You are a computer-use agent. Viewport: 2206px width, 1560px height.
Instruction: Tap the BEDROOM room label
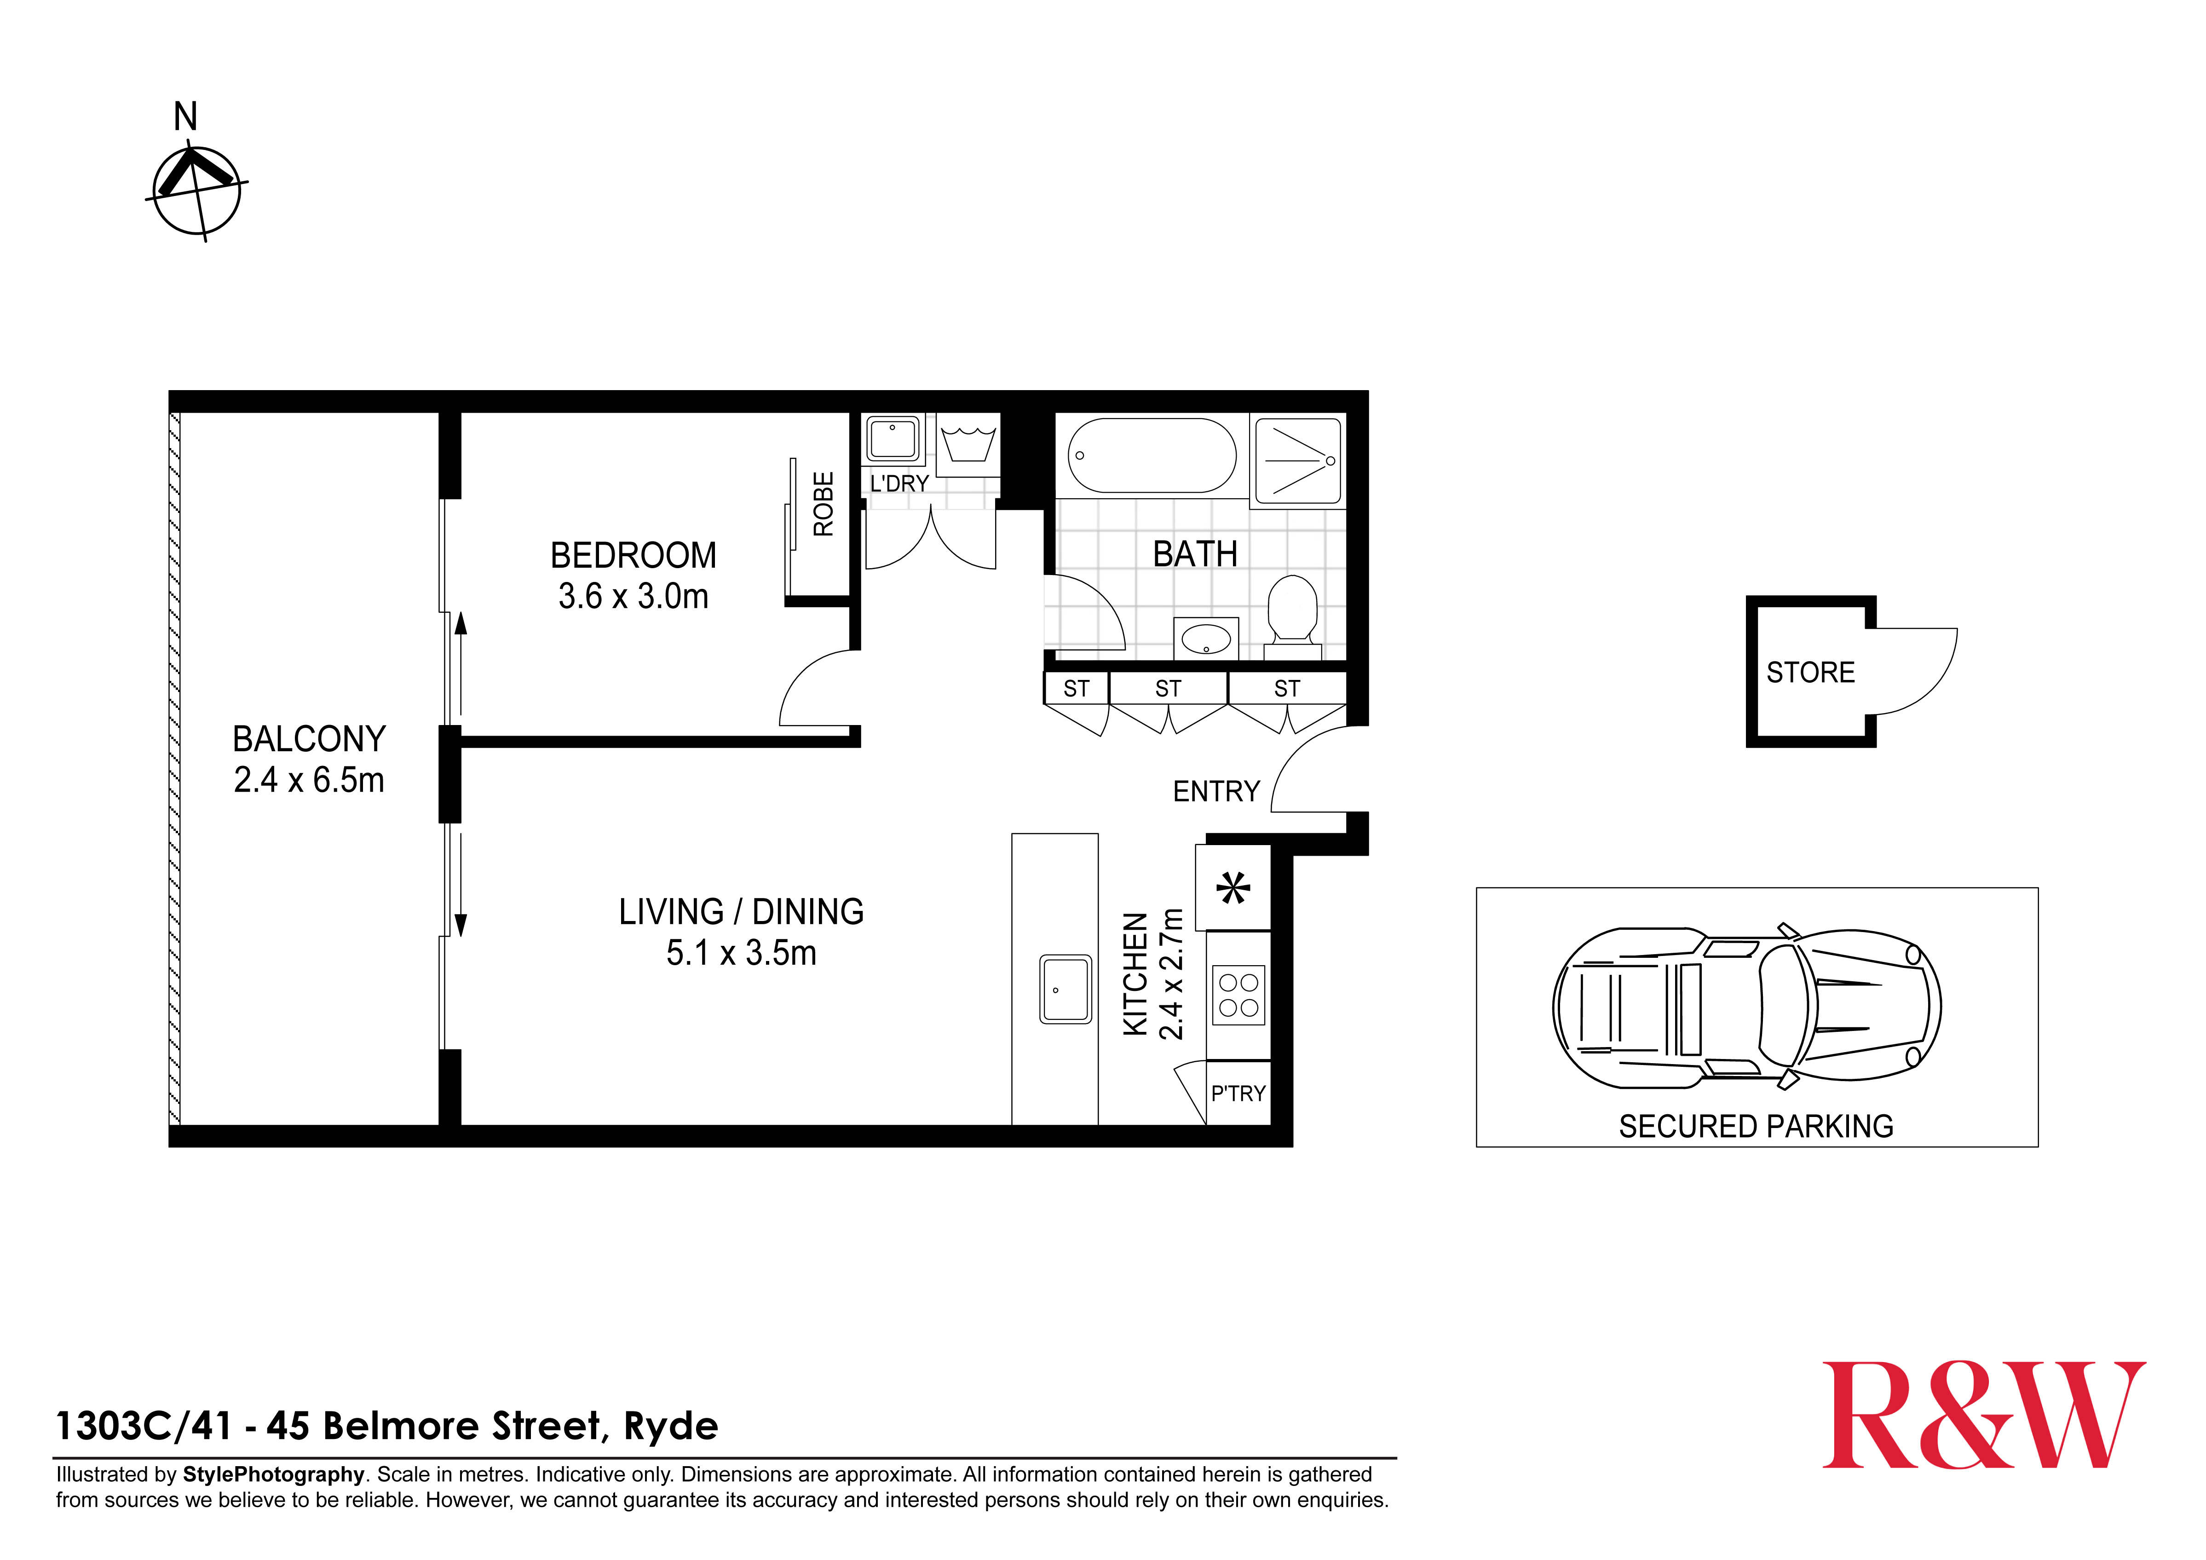coord(633,555)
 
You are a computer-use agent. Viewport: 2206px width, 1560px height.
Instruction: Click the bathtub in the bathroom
coord(1152,455)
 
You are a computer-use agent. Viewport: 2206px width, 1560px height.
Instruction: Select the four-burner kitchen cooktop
coord(1238,995)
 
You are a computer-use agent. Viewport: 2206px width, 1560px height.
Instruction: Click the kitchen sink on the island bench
coord(1066,989)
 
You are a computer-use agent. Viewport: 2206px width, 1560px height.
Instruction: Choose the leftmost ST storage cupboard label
coord(1076,689)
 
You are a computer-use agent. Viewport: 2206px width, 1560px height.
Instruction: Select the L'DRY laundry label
coord(899,483)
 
